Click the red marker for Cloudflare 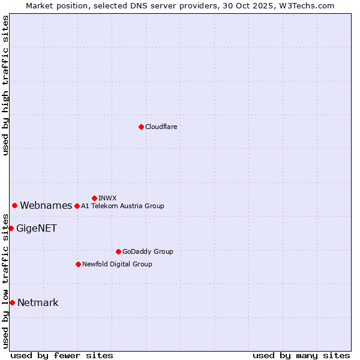click(x=141, y=127)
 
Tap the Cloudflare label click(x=161, y=127)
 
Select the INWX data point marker click(x=94, y=198)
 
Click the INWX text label click(x=107, y=198)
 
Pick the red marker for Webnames click(x=14, y=205)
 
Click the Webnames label click(x=46, y=206)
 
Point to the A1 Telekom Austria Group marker click(x=77, y=206)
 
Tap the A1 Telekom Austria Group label click(x=122, y=206)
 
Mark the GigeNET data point click(x=11, y=228)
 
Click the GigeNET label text click(x=36, y=229)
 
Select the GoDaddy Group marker click(x=118, y=251)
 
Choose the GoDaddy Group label click(x=148, y=251)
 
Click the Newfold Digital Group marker click(x=78, y=264)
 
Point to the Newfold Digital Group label click(x=117, y=264)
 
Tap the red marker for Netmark click(x=12, y=302)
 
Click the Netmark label click(x=38, y=303)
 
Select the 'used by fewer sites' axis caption click(x=62, y=355)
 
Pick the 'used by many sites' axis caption click(x=301, y=355)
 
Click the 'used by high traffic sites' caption click(x=5, y=85)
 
